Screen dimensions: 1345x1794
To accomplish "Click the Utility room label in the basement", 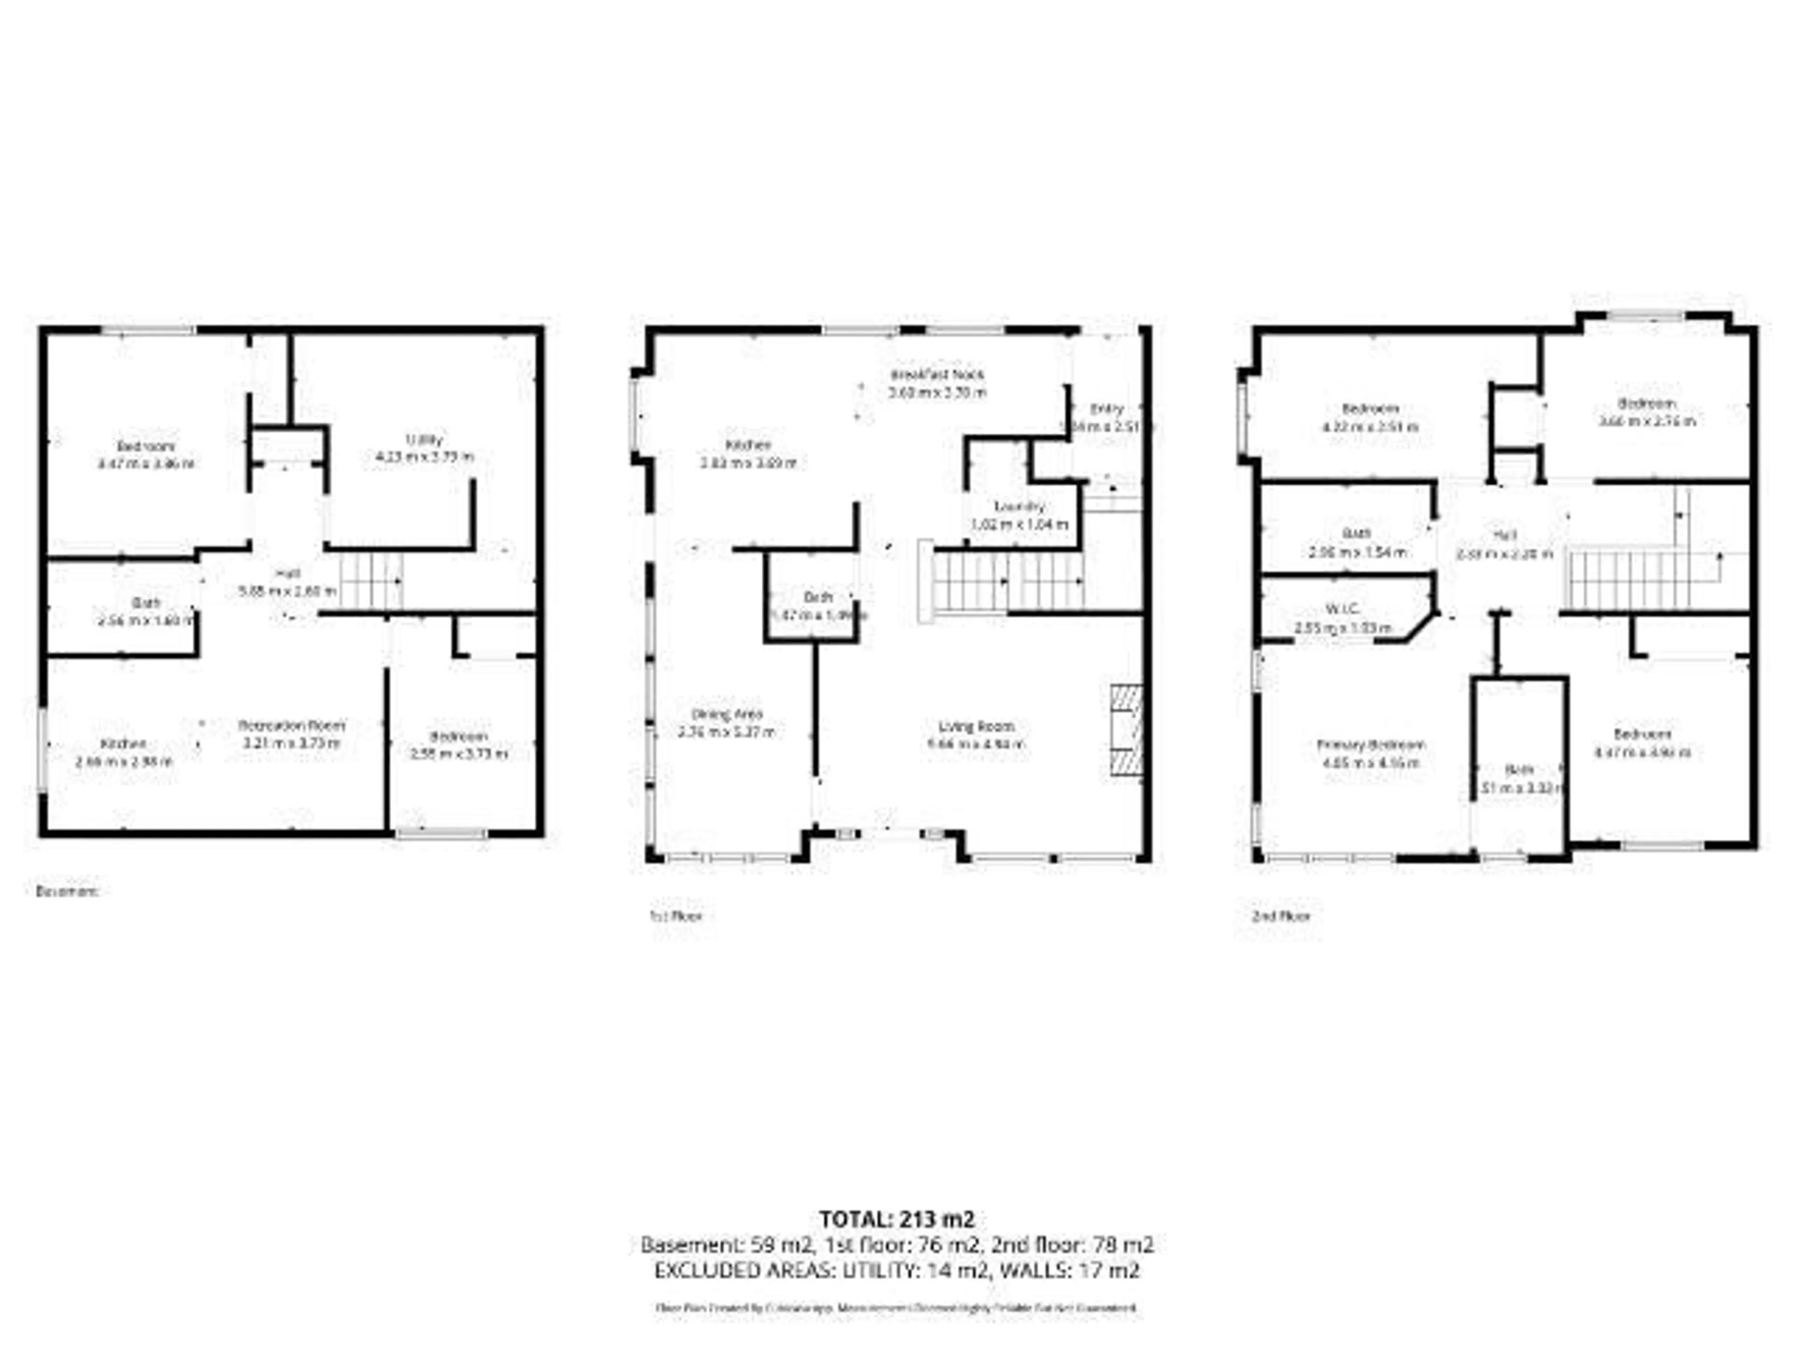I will pos(424,439).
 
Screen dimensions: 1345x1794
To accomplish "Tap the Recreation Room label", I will pos(292,725).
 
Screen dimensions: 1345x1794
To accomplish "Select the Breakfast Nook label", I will pos(938,375).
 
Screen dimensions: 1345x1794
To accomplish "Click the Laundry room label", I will pos(1019,507).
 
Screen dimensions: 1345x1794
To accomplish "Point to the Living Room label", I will pos(976,726).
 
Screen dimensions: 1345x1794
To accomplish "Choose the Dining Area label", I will pos(726,714).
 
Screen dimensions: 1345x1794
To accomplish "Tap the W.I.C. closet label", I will pos(1342,609).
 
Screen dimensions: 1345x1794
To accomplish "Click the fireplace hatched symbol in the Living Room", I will pos(1126,732).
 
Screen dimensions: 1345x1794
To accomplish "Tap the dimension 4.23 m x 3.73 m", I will pos(424,457).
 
